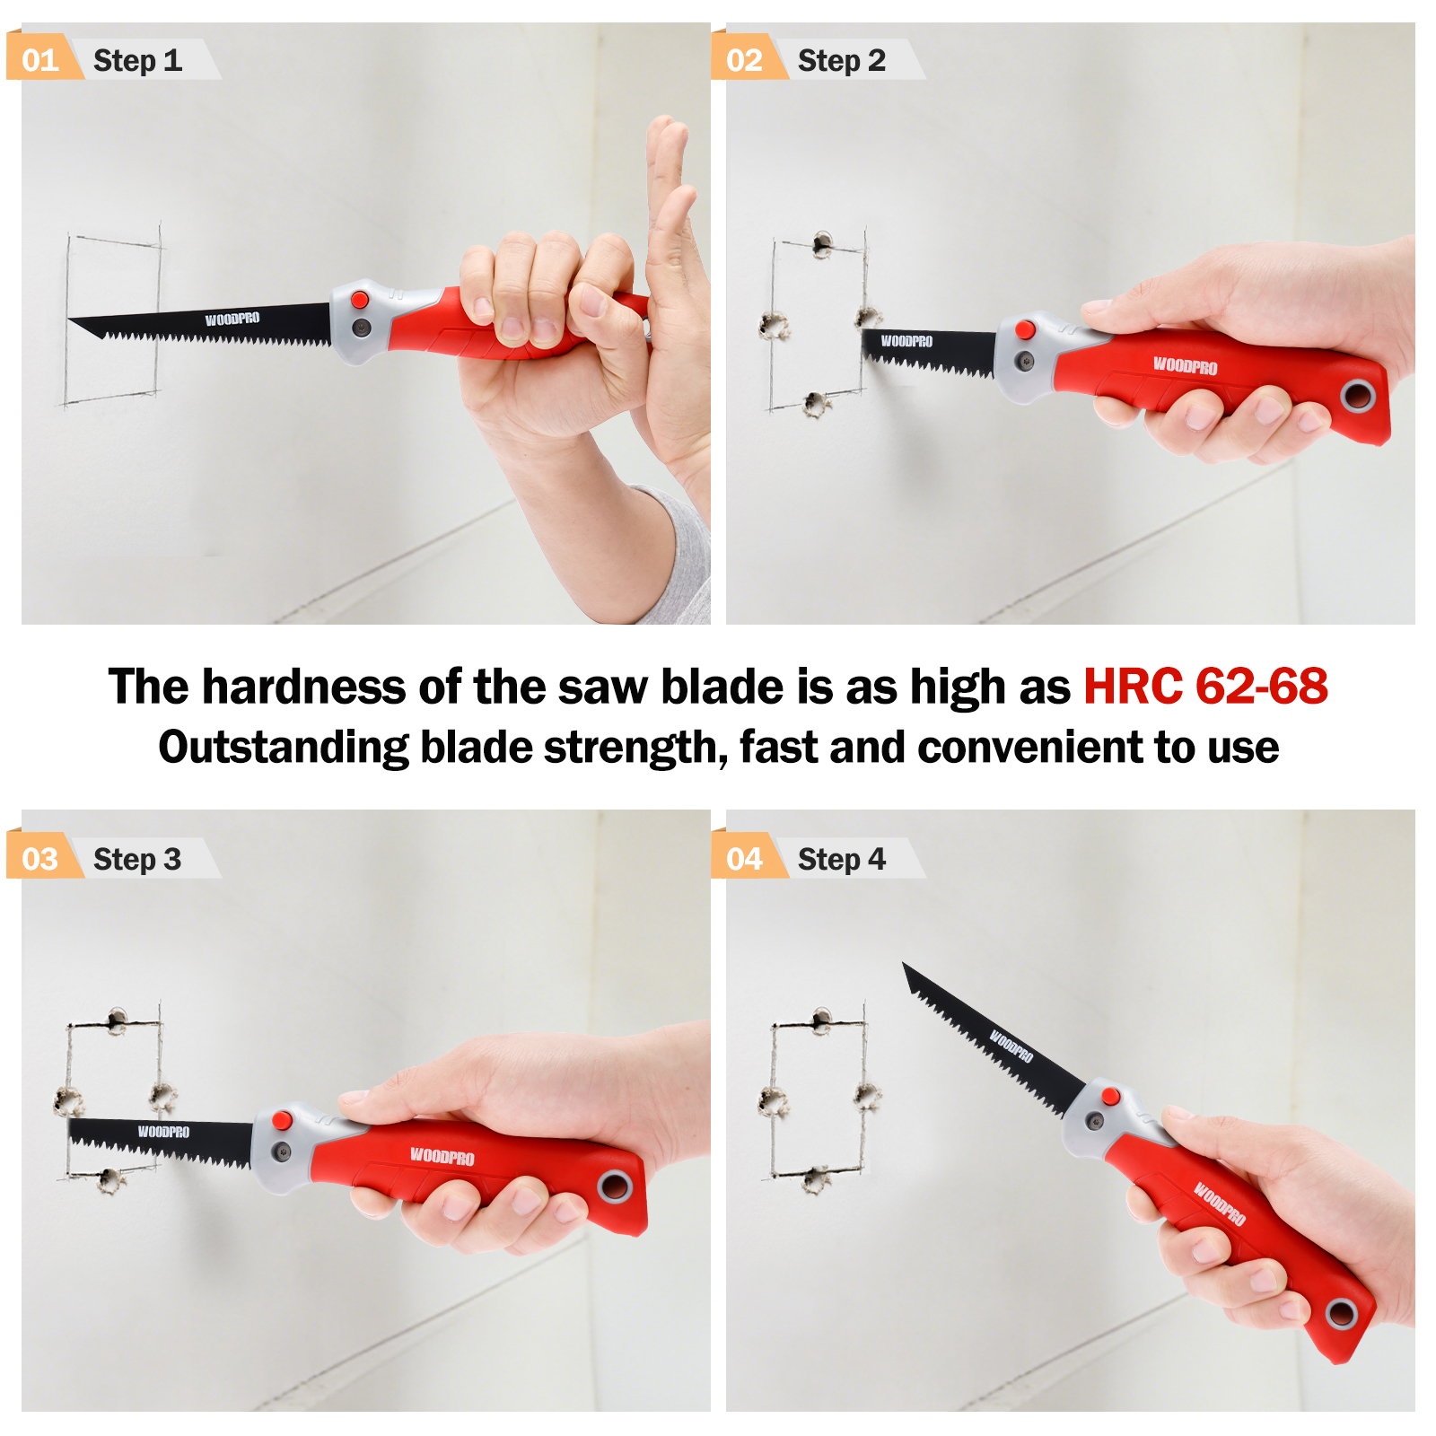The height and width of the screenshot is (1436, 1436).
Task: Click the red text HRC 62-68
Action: pos(1205,687)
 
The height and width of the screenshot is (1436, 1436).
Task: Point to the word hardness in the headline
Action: pos(304,687)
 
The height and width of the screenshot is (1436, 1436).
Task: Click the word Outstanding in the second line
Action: pos(284,748)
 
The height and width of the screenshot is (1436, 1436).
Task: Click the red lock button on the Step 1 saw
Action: pos(359,300)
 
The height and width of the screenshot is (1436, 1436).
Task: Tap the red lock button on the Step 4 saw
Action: pos(1110,1096)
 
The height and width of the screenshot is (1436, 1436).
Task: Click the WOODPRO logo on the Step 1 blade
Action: pos(232,319)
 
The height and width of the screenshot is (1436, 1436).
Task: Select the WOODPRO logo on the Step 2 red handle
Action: pos(1185,365)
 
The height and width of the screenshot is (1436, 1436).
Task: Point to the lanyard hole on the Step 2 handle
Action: pos(1358,395)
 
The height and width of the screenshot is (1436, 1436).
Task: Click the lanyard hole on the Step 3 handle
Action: pos(615,1186)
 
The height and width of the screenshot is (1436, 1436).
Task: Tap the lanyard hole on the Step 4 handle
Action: pos(1342,1314)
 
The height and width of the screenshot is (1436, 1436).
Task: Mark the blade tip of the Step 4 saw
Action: pos(903,964)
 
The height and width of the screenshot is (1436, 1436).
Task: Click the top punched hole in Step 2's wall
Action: pos(822,243)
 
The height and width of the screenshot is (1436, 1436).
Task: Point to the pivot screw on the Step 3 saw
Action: pos(281,1151)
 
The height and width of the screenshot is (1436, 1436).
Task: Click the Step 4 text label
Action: pos(841,859)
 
